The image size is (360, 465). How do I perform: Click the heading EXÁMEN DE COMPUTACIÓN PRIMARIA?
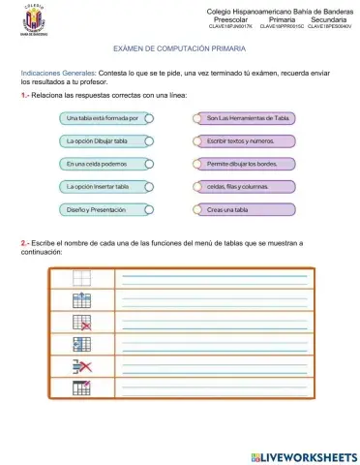pyautogui.click(x=179, y=46)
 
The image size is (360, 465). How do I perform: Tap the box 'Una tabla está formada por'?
pyautogui.click(x=104, y=117)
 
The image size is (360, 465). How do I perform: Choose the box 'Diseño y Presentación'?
pyautogui.click(x=104, y=208)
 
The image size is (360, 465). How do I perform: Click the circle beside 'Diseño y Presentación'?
pyautogui.click(x=149, y=208)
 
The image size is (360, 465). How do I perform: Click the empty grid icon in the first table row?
pyautogui.click(x=81, y=277)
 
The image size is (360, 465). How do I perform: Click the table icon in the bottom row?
pyautogui.click(x=81, y=387)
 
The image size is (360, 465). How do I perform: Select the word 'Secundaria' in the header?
pyautogui.click(x=330, y=18)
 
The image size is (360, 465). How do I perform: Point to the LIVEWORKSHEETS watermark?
pyautogui.click(x=303, y=455)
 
